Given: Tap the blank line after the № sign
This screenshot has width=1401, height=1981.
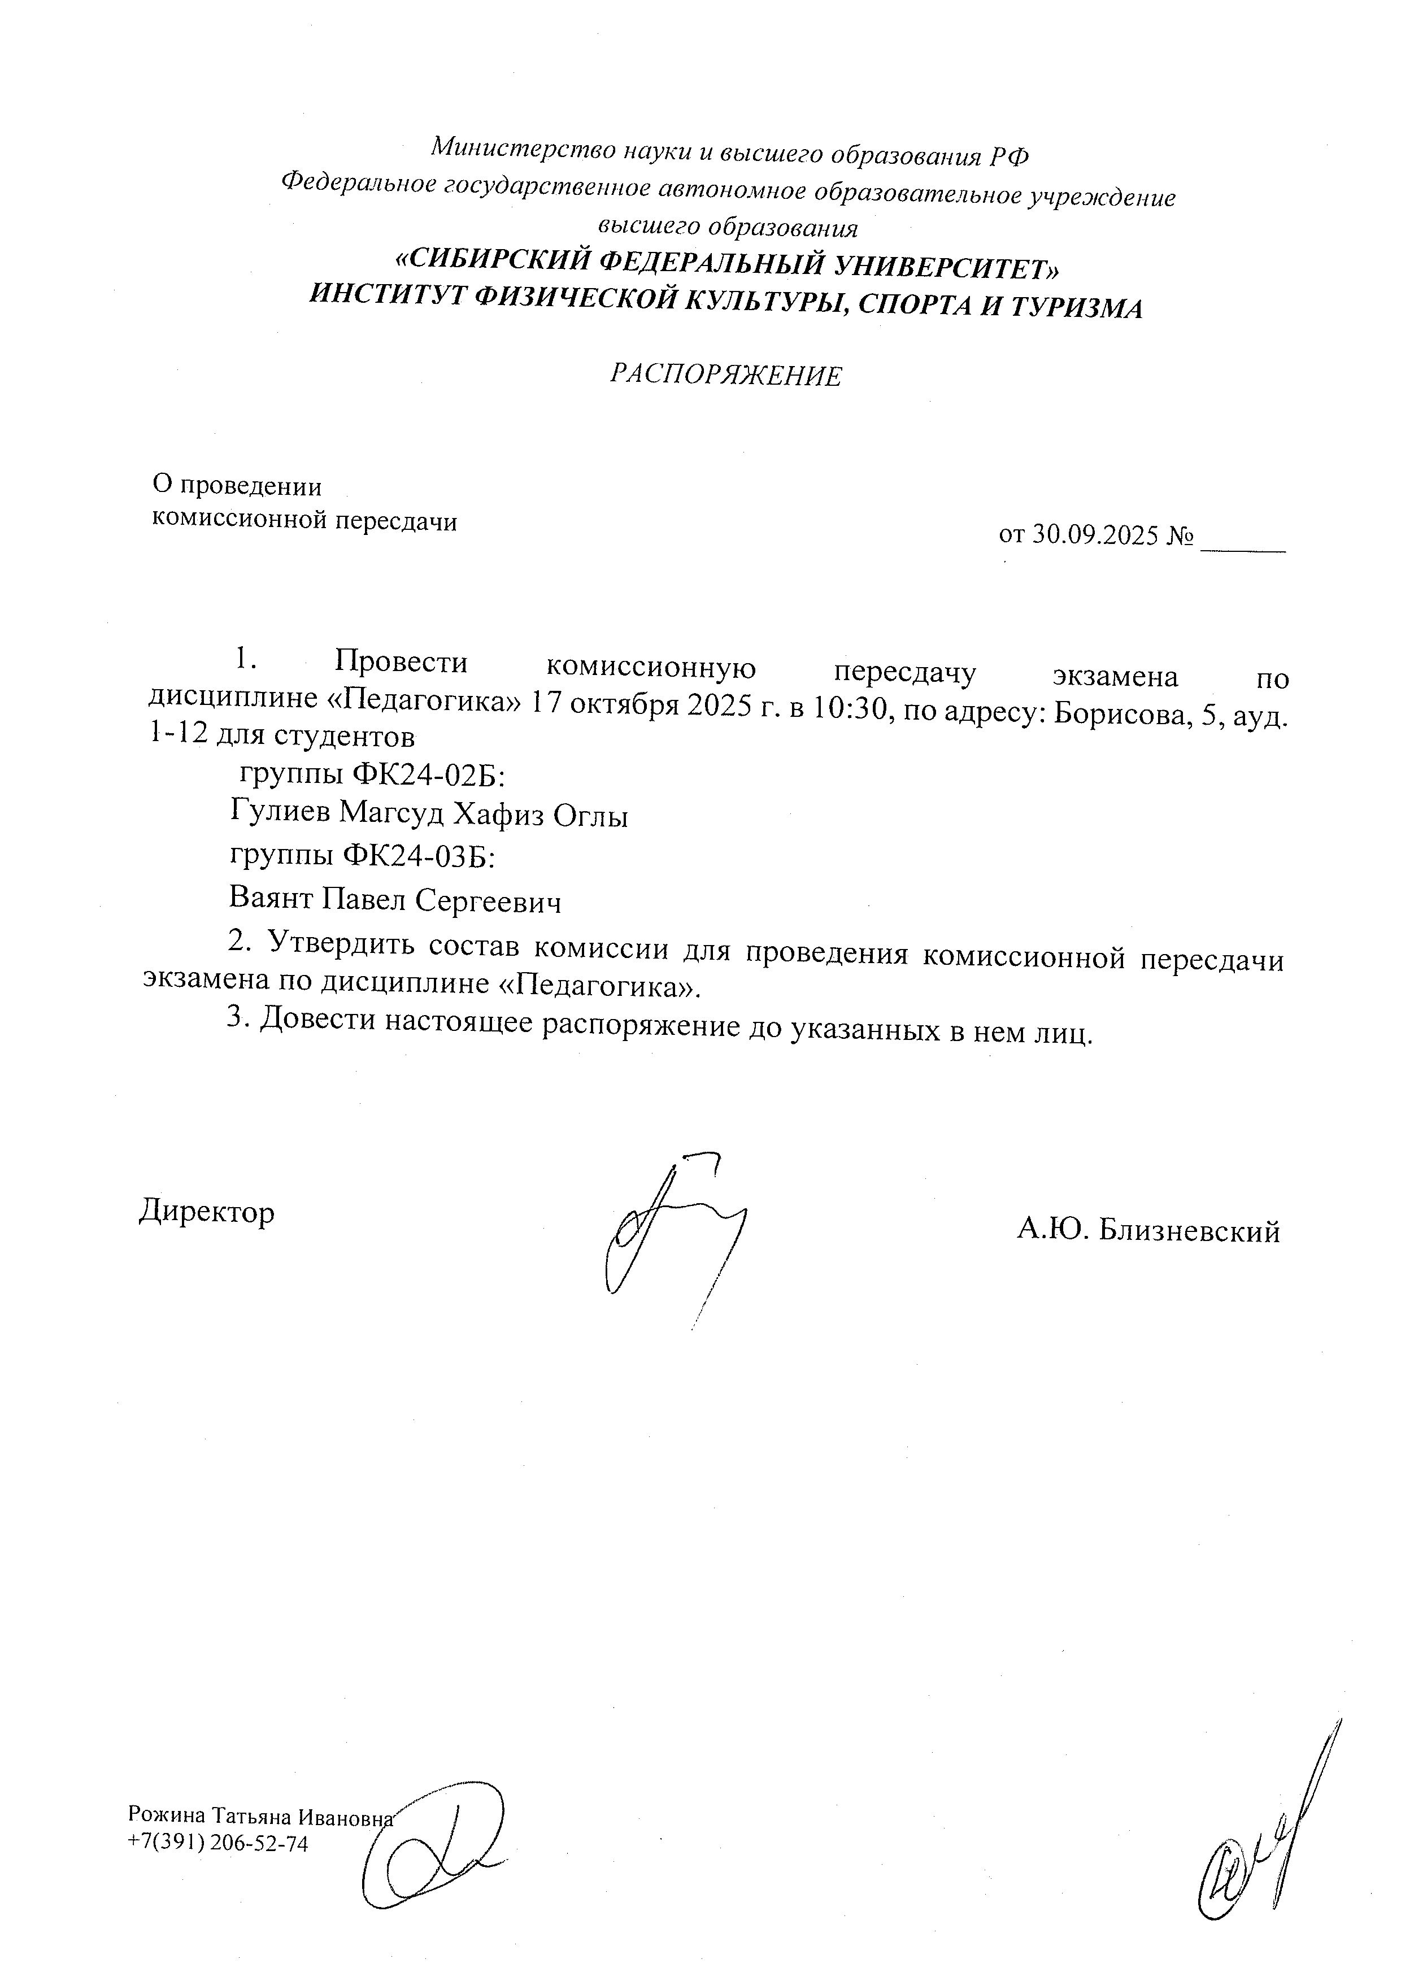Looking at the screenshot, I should coord(1243,539).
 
